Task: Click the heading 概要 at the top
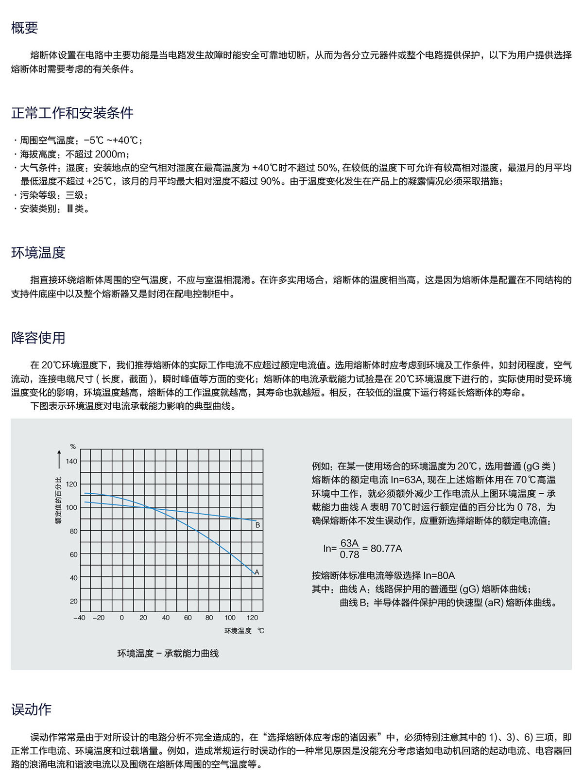pyautogui.click(x=24, y=28)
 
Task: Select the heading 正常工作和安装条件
pyautogui.click(x=72, y=113)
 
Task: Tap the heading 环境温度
pyautogui.click(x=38, y=252)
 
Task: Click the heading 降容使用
pyautogui.click(x=38, y=337)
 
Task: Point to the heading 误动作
pyautogui.click(x=31, y=709)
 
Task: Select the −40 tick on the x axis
pyautogui.click(x=79, y=618)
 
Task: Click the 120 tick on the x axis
pyautogui.click(x=252, y=618)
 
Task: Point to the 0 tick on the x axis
pyautogui.click(x=121, y=618)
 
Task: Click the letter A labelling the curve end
pyautogui.click(x=257, y=572)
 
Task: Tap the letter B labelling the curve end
pyautogui.click(x=257, y=525)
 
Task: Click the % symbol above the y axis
pyautogui.click(x=73, y=446)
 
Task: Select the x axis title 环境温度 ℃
pyautogui.click(x=244, y=631)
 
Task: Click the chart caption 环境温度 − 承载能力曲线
pyautogui.click(x=168, y=653)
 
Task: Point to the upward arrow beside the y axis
pyautogui.click(x=59, y=458)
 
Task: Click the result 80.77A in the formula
pyautogui.click(x=386, y=549)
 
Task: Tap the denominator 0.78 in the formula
pyautogui.click(x=349, y=555)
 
